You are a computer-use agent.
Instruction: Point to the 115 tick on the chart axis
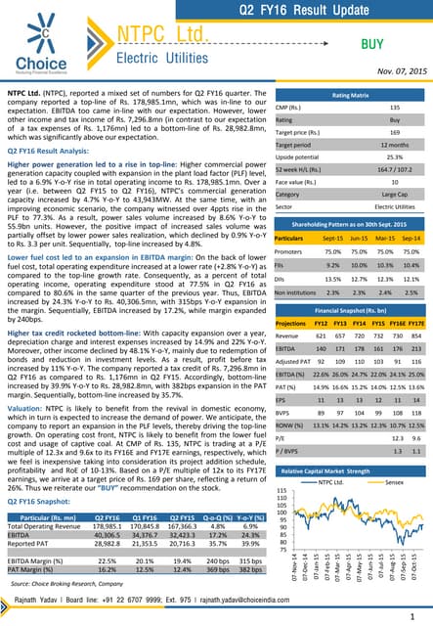[x=284, y=493]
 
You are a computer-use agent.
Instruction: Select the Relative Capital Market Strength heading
[x=351, y=470]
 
